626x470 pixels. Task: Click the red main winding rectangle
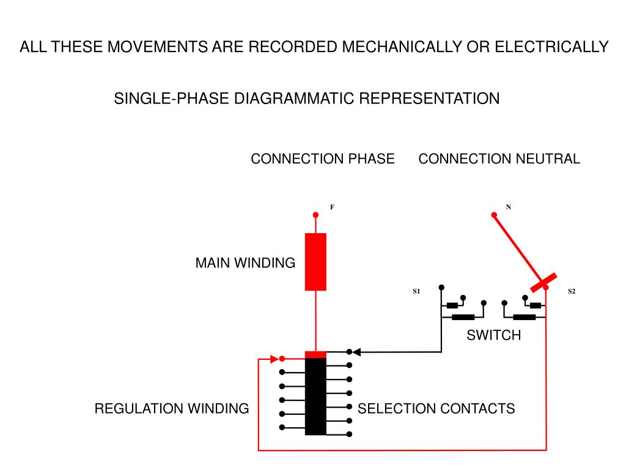pos(315,262)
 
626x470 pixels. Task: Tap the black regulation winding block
pos(315,396)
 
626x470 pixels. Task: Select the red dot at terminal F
pos(315,215)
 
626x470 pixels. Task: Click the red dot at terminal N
pos(494,215)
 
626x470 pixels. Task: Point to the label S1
pos(416,291)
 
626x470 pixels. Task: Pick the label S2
pos(572,291)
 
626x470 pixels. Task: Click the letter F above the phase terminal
pos(332,207)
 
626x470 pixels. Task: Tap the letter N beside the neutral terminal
pos(508,207)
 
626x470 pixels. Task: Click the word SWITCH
pos(494,335)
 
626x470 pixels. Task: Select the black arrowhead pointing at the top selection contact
pos(356,352)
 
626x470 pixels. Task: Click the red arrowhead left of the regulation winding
pos(274,359)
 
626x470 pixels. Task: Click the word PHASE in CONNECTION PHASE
pos(371,159)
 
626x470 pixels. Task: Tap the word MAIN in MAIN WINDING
pos(212,263)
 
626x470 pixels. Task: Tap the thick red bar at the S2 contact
pos(543,283)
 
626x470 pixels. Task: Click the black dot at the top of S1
pos(441,288)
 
